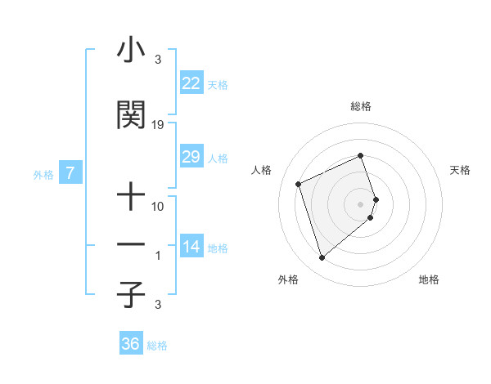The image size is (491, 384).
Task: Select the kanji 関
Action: coord(131,116)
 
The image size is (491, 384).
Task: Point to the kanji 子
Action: coord(131,294)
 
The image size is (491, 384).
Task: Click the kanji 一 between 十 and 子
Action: coord(131,244)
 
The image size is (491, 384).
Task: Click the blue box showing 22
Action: coord(191,83)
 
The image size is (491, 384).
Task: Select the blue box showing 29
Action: coord(191,157)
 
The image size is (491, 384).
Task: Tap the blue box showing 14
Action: coord(191,247)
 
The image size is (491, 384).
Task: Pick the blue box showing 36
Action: coord(130,344)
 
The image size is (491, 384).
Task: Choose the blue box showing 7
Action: coord(70,173)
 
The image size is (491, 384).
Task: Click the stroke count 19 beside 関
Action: coord(158,125)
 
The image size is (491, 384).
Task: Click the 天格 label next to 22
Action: coord(218,85)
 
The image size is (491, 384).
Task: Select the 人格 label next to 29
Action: coord(218,159)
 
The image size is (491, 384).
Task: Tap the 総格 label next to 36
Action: coord(157,346)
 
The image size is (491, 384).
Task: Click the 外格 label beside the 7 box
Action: coord(43,175)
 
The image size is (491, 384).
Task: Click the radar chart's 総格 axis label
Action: coord(360,106)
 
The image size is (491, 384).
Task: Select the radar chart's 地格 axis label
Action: coord(429,279)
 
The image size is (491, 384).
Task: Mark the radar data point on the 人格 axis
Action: coord(299,184)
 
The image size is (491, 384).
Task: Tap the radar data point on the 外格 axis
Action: coord(322,258)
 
